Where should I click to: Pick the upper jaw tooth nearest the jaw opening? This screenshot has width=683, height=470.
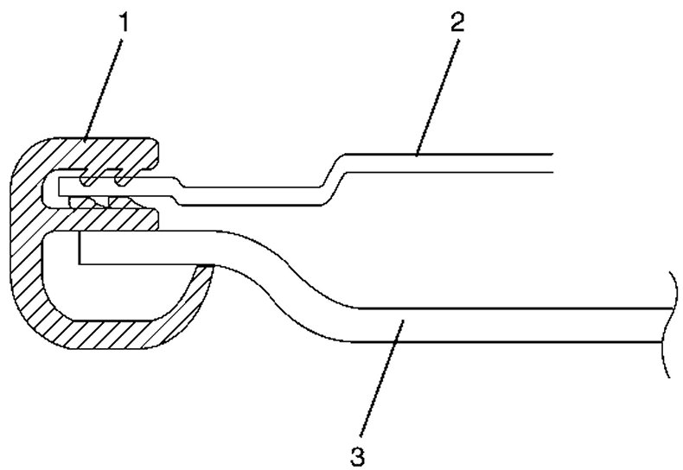126,178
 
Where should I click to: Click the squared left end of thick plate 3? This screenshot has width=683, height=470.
79,247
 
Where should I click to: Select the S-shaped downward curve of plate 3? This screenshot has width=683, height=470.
294,285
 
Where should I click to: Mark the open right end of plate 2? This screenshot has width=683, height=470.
550,163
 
